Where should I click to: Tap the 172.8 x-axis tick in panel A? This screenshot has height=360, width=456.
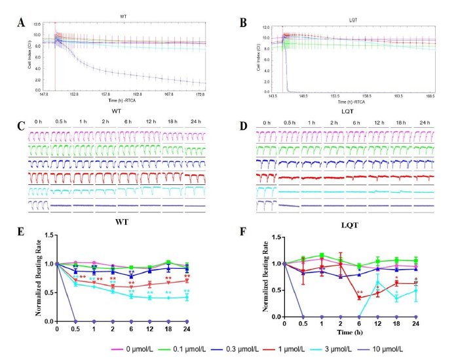click(x=210, y=96)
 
